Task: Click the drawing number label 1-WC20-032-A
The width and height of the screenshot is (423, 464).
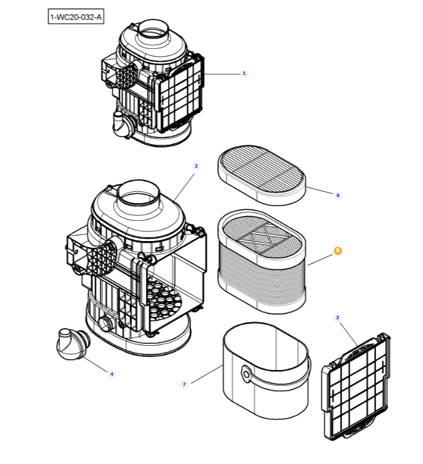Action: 76,17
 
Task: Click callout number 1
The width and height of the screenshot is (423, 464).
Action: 244,73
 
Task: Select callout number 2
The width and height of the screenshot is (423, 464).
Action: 196,166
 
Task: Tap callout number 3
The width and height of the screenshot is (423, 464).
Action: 338,317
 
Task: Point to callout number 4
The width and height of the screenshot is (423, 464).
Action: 111,373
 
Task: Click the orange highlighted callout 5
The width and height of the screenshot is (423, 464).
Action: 338,250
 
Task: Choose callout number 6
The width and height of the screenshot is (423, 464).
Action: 338,195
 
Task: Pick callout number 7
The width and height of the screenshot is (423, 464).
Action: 184,384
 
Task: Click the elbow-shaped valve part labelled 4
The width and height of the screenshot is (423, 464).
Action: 72,345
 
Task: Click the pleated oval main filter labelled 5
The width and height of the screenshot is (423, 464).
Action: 262,277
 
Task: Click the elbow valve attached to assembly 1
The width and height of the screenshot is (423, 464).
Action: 120,123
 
